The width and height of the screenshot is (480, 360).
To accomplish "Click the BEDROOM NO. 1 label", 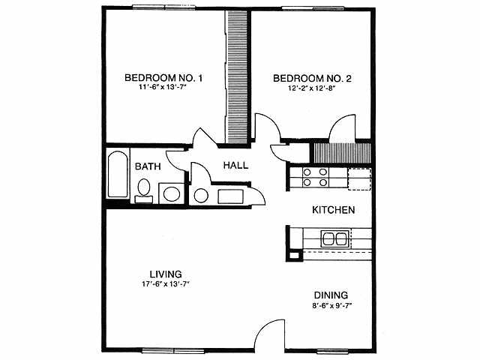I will (163, 78).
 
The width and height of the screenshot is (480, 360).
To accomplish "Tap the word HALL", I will (235, 166).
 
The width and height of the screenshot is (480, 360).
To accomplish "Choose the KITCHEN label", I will (333, 210).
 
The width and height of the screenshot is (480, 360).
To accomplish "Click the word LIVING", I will (166, 274).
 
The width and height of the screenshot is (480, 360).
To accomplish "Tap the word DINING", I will (330, 295).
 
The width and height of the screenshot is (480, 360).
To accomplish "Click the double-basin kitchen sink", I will (334, 239).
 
